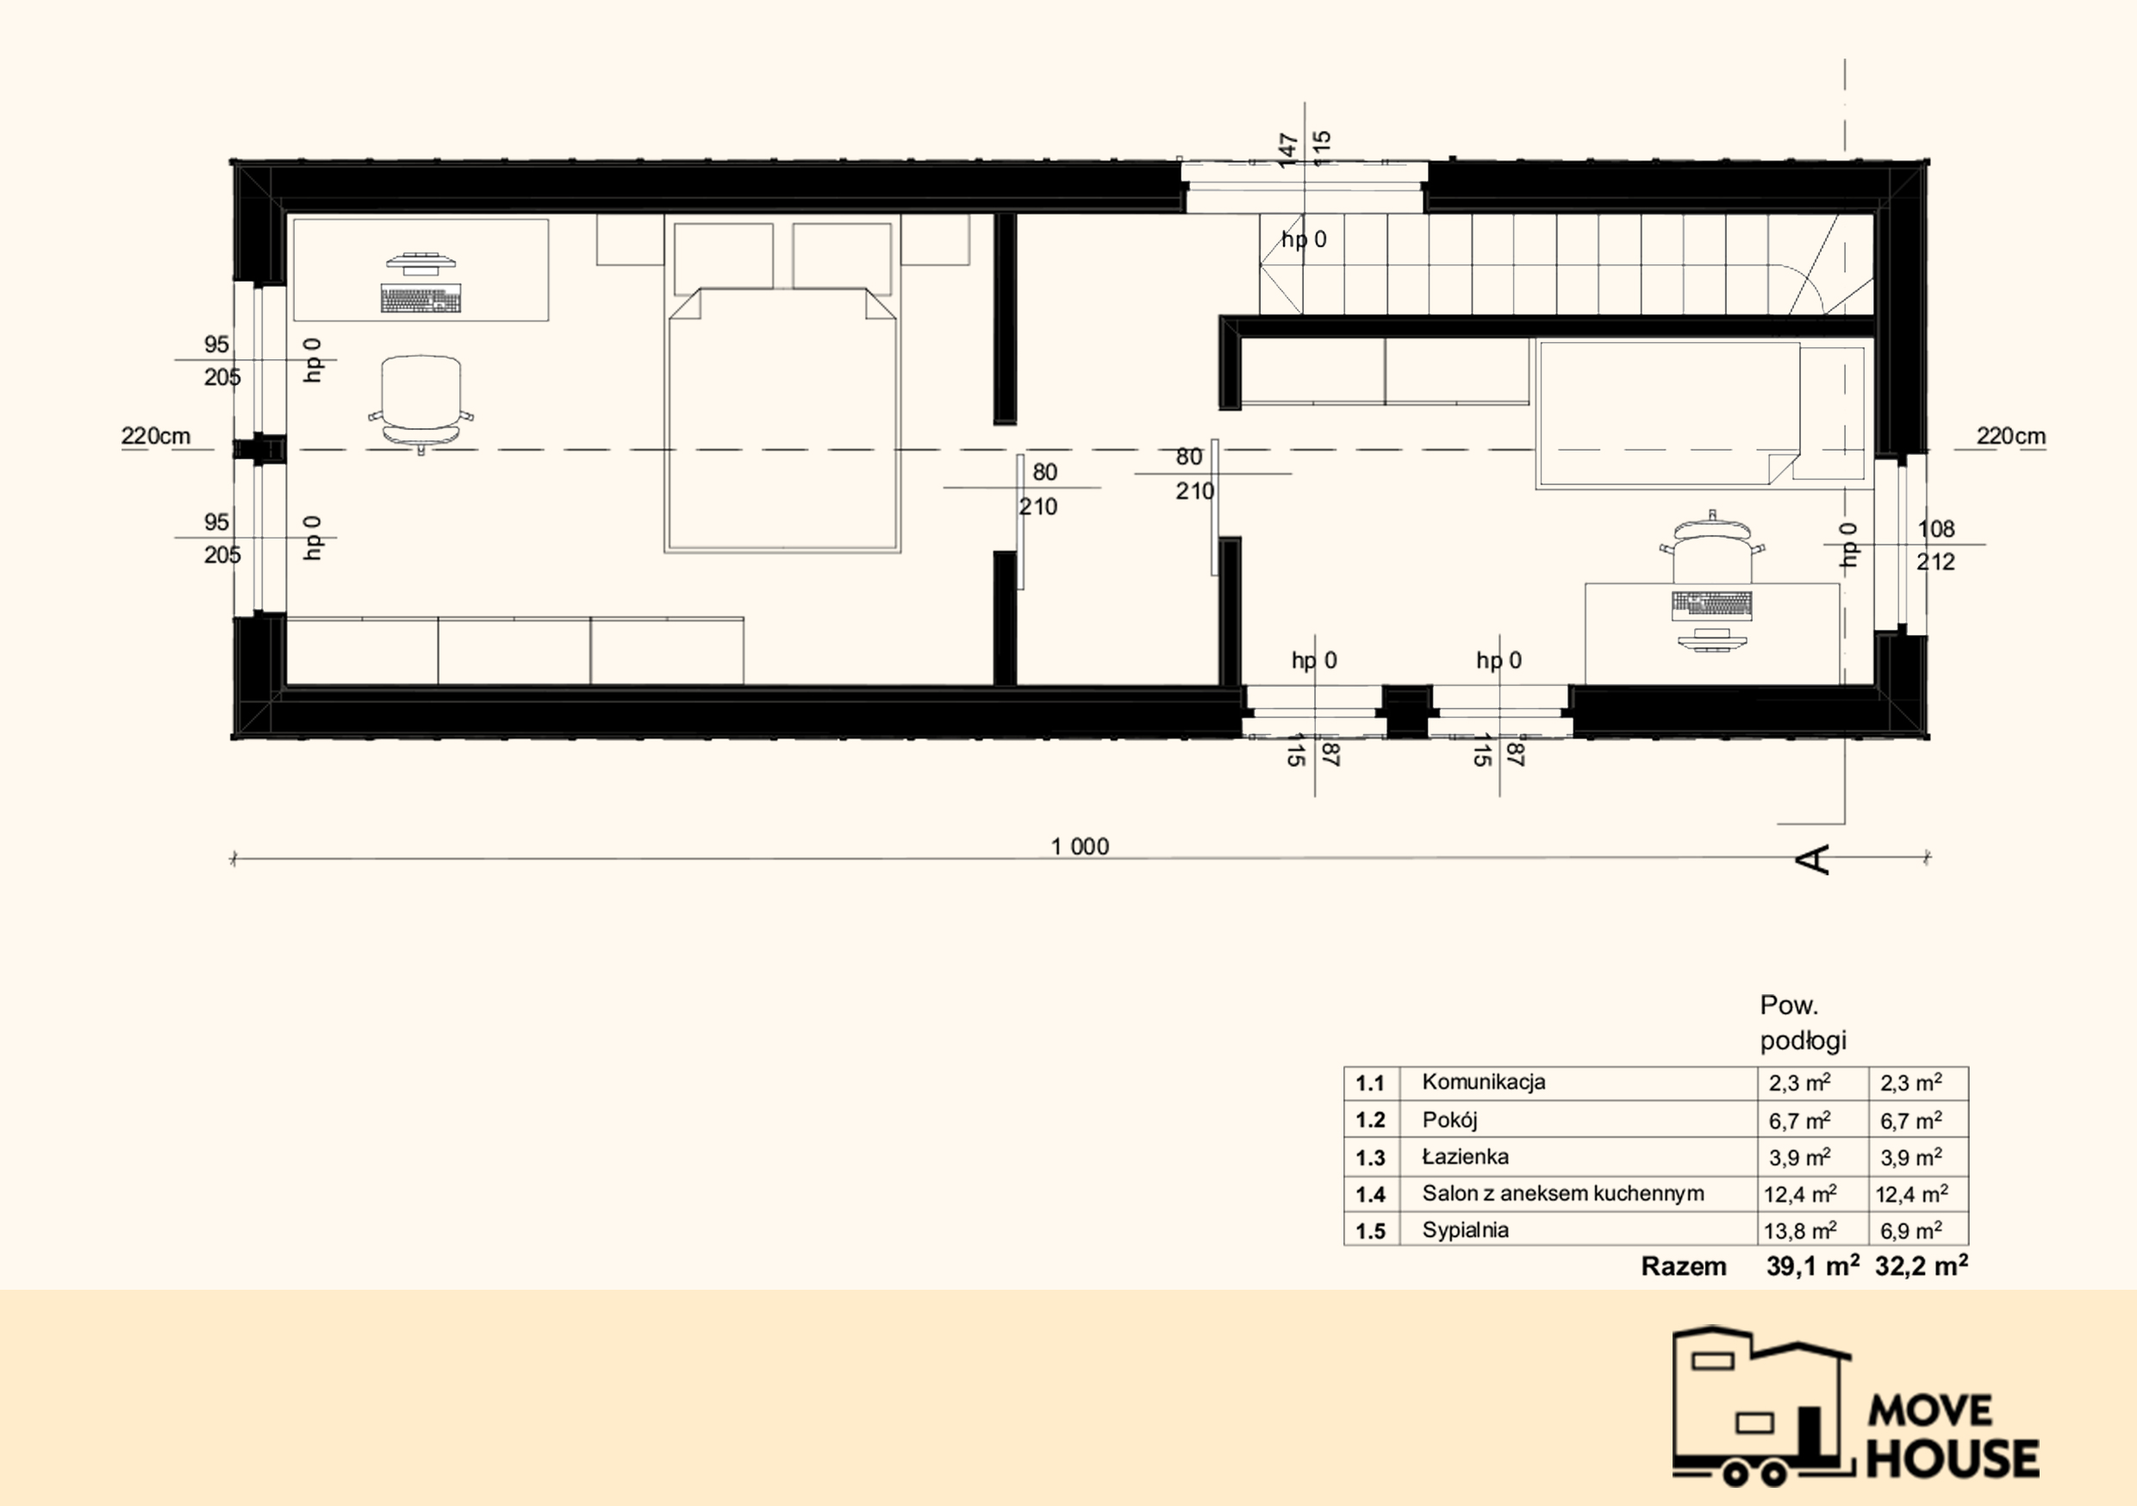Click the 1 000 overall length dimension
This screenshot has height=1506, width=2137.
(1080, 846)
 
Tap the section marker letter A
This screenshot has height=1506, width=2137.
(1813, 859)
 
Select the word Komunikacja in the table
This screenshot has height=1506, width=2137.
(1484, 1081)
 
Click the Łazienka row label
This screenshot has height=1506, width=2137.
(1465, 1156)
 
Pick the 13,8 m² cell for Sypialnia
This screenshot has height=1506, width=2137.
(1800, 1229)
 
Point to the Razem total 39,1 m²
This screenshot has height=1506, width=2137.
(1812, 1265)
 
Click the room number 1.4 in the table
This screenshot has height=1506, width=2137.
(1370, 1194)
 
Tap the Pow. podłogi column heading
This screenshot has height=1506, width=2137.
(1803, 1022)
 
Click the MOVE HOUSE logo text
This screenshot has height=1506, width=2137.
(1952, 1434)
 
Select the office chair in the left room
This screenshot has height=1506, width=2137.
(421, 403)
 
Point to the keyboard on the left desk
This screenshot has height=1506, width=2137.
(421, 299)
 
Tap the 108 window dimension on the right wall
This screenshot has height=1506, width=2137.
(1936, 529)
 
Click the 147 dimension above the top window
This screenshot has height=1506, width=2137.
(1288, 150)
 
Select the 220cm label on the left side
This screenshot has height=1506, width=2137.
(155, 436)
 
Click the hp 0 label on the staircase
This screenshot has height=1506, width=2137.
(1304, 240)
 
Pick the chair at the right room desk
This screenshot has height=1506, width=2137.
(1711, 549)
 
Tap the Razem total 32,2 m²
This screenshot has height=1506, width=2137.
(1921, 1265)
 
